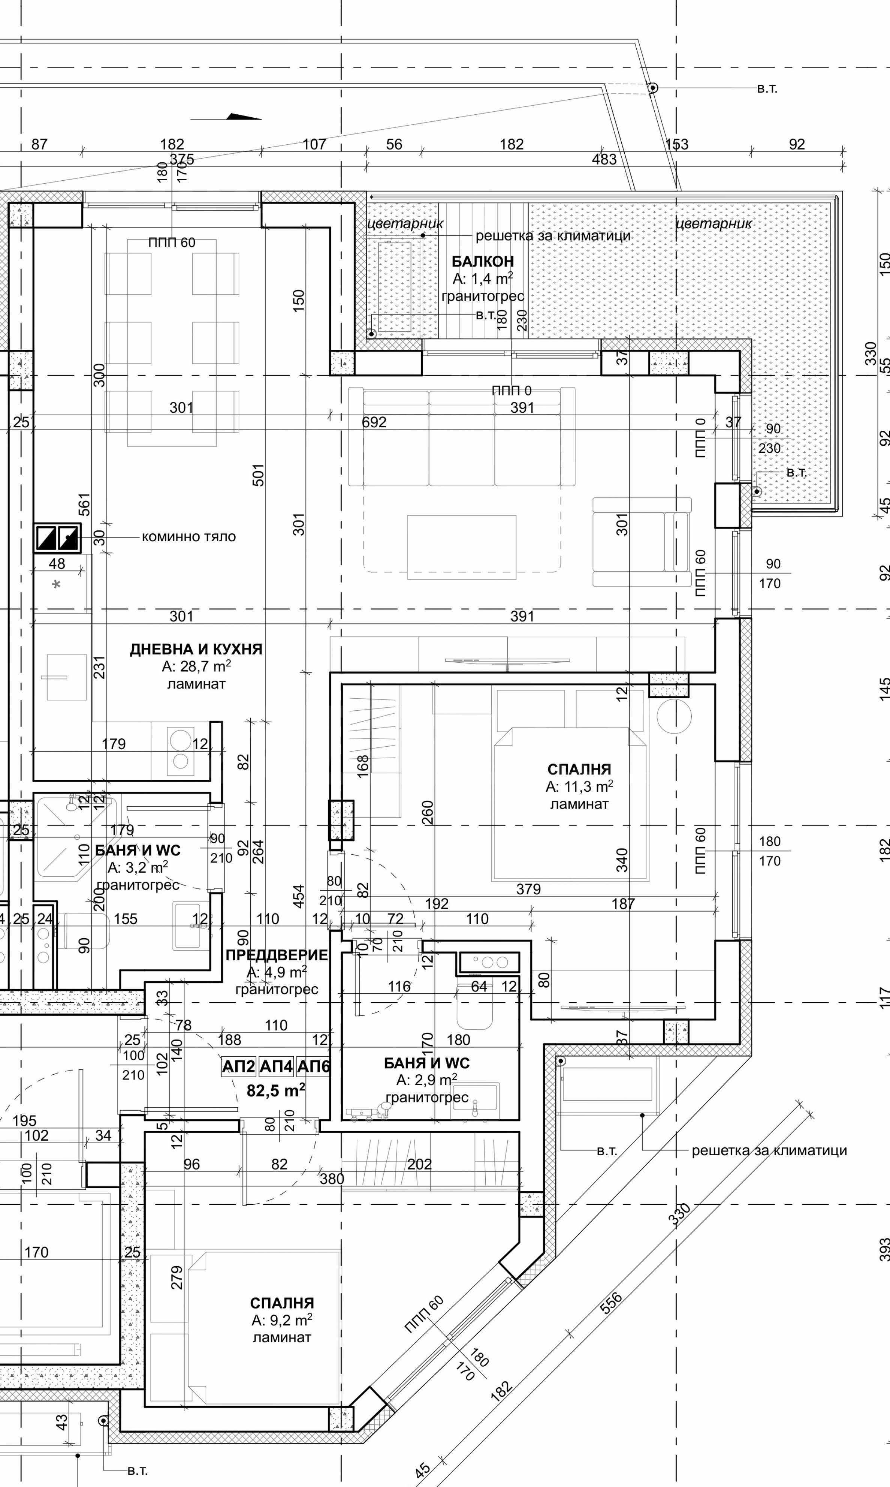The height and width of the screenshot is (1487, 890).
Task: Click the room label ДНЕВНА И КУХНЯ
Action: click(x=196, y=649)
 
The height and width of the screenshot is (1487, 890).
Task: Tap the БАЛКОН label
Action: click(x=482, y=262)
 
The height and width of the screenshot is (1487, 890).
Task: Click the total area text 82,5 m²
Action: click(x=276, y=1090)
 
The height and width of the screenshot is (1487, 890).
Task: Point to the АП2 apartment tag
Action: click(x=239, y=1066)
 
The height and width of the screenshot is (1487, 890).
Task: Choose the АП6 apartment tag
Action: click(x=314, y=1066)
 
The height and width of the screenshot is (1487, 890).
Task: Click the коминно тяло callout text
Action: click(x=189, y=537)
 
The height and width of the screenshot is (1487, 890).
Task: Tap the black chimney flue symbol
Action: click(x=58, y=538)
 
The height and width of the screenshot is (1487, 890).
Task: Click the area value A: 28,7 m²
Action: click(x=196, y=667)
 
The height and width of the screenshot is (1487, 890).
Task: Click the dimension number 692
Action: click(x=374, y=422)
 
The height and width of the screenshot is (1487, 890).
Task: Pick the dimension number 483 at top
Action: click(x=604, y=160)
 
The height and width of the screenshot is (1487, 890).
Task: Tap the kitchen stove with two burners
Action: click(x=181, y=750)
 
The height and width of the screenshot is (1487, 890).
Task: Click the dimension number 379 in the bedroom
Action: click(x=528, y=889)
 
